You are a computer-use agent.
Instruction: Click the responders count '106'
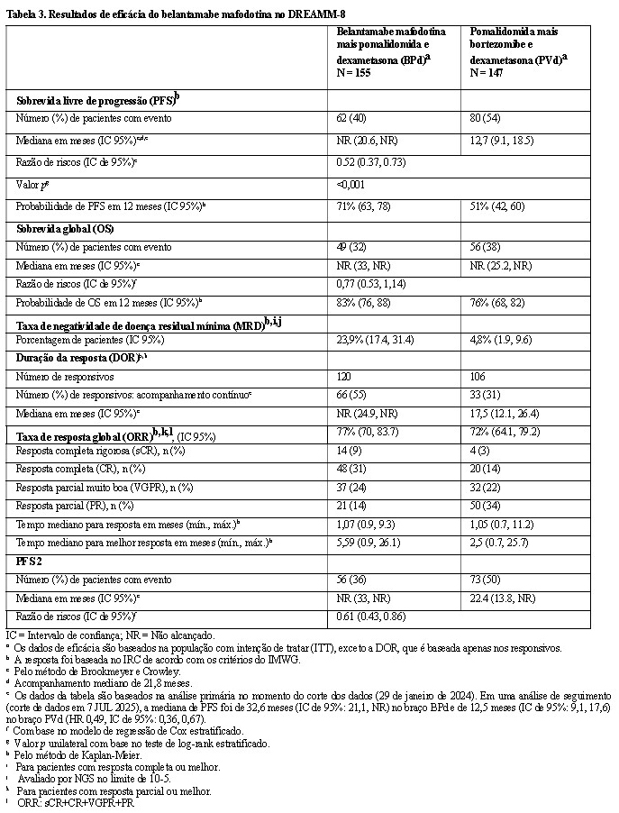click(478, 376)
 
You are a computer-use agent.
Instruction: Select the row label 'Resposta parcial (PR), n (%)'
click(72, 505)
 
